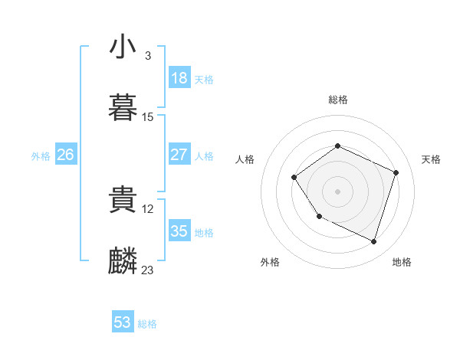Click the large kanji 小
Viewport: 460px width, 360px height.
pyautogui.click(x=123, y=47)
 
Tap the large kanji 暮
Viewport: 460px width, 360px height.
pyautogui.click(x=123, y=110)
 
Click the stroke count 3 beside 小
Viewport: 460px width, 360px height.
pyautogui.click(x=147, y=56)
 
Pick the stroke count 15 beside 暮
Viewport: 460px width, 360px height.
pyautogui.click(x=148, y=117)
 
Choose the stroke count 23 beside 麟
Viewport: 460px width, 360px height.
pyautogui.click(x=148, y=270)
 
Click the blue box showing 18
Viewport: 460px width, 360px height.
pyautogui.click(x=179, y=78)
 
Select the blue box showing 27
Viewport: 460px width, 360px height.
pyautogui.click(x=179, y=155)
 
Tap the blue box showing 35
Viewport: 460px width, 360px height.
pyautogui.click(x=179, y=231)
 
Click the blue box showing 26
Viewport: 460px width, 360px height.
pyautogui.click(x=65, y=155)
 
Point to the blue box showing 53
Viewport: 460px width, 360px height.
pyautogui.click(x=123, y=322)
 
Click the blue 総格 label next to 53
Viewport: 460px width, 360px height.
pyautogui.click(x=147, y=324)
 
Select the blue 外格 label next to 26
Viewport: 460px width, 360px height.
pyautogui.click(x=41, y=156)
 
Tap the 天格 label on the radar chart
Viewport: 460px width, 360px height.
pyautogui.click(x=431, y=159)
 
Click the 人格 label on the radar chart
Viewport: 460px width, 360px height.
pyautogui.click(x=245, y=159)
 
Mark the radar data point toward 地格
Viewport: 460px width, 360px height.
pyautogui.click(x=374, y=242)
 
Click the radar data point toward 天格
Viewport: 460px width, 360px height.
pyautogui.click(x=396, y=172)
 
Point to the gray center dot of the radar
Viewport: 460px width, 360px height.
pyautogui.click(x=337, y=191)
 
